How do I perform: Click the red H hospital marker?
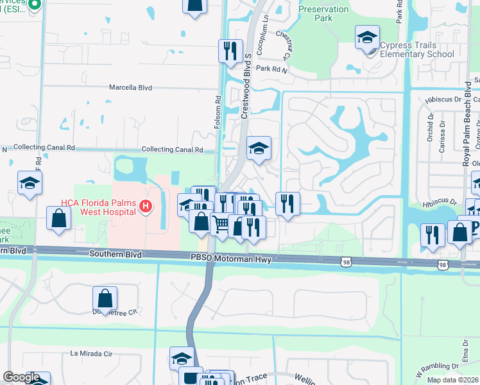pyautogui.click(x=146, y=206)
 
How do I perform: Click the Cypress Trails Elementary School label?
pyautogui.click(x=416, y=50)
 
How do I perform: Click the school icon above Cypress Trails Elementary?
pyautogui.click(x=367, y=38)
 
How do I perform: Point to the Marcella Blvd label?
pyautogui.click(x=130, y=87)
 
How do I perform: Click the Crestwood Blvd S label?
pyautogui.click(x=244, y=90)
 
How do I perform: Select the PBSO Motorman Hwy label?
pyautogui.click(x=230, y=257)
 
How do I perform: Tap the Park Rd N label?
pyautogui.click(x=272, y=68)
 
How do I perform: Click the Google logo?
pyautogui.click(x=21, y=377)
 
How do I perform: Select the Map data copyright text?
pyautogui.click(x=452, y=380)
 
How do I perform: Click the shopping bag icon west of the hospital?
pyautogui.click(x=58, y=218)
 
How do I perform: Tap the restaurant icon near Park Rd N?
pyautogui.click(x=230, y=50)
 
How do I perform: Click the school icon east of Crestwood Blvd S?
pyautogui.click(x=259, y=148)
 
